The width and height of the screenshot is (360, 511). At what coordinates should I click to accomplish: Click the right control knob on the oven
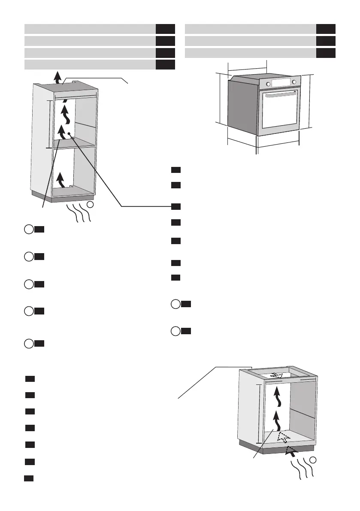pos(294,82)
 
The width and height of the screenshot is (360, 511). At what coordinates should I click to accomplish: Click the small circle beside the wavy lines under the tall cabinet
pos(90,205)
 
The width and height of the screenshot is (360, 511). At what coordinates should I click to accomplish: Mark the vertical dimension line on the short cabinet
pos(258,414)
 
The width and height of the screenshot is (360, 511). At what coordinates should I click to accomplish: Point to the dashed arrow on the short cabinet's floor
pos(282,437)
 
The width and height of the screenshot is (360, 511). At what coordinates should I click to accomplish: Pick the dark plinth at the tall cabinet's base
pos(64,197)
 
